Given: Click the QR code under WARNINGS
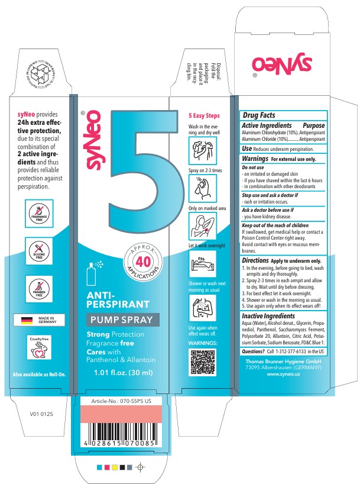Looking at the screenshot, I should (202, 362).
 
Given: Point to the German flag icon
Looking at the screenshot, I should (27, 320).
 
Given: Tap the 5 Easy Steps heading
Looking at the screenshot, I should (204, 115).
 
